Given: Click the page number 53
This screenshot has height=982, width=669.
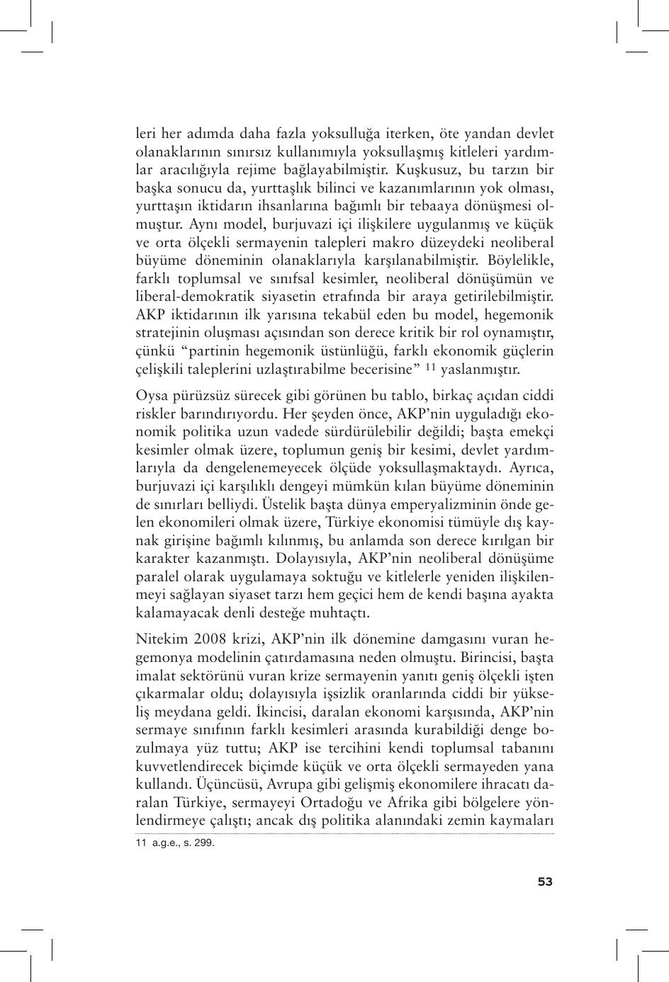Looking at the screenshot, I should tap(545, 881).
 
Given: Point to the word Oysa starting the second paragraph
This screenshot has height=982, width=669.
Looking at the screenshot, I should tap(151, 395).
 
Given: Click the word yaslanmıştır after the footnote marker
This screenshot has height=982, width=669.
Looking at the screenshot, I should tap(480, 369).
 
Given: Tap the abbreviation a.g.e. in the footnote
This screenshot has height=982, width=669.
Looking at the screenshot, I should tap(167, 843).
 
